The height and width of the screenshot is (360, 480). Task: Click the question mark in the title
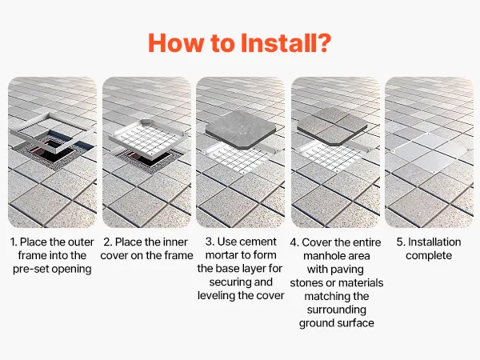coord(323,43)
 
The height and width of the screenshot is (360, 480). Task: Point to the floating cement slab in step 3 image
coord(240,130)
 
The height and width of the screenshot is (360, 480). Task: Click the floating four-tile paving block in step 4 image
coord(332,126)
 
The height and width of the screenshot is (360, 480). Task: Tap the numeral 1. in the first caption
coord(14,242)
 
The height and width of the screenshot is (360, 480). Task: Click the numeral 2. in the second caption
coord(108,242)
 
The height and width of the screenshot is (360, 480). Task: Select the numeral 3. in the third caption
coord(210,242)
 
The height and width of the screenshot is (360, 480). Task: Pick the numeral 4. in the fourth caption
coord(294,242)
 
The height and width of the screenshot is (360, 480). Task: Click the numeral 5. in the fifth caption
coord(401,242)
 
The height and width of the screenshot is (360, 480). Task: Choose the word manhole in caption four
coord(322,256)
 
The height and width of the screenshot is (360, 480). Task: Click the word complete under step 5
coord(429,256)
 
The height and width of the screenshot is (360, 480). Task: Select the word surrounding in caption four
coord(337,310)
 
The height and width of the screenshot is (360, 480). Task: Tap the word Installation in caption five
coord(434,242)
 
